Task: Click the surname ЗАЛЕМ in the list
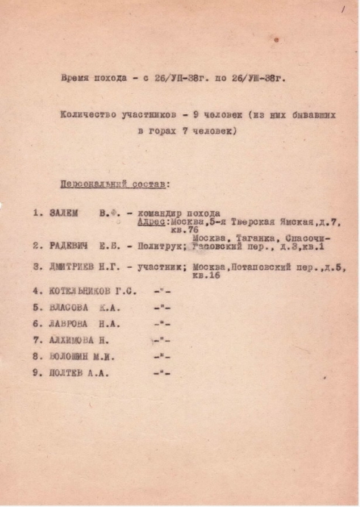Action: coord(64,213)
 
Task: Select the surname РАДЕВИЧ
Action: coord(68,246)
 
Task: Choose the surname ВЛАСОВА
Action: coord(69,308)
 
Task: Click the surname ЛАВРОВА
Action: coord(69,324)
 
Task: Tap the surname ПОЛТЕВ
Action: coord(67,373)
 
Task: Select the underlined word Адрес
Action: coord(152,222)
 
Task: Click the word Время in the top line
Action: coord(76,78)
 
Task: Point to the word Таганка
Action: coord(250,238)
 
